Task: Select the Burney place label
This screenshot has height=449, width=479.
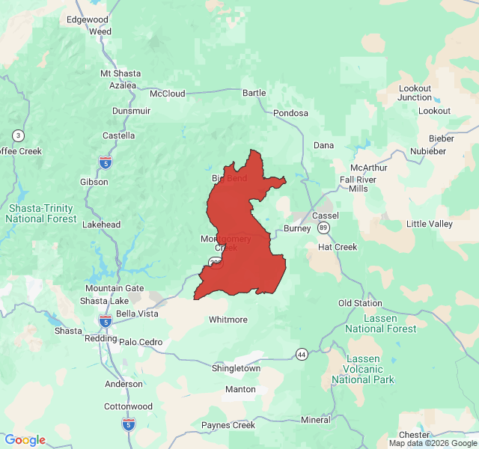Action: click(x=297, y=229)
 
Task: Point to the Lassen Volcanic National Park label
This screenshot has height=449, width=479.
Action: click(x=362, y=370)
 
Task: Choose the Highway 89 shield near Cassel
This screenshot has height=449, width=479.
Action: click(x=323, y=227)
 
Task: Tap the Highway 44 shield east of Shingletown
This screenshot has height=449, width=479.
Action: click(x=302, y=353)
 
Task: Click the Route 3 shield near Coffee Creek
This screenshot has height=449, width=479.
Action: click(x=18, y=135)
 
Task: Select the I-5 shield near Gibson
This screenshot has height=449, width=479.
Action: click(x=106, y=161)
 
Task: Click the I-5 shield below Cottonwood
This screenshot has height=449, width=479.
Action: click(x=129, y=424)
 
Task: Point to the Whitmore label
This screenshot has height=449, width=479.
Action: click(x=228, y=320)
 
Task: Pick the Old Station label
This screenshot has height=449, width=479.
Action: click(x=360, y=303)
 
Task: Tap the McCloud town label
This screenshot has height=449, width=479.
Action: click(x=167, y=94)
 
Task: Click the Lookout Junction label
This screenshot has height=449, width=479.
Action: click(x=415, y=93)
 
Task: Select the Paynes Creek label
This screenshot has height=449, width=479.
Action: click(x=228, y=425)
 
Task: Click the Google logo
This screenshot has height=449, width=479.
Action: click(x=25, y=440)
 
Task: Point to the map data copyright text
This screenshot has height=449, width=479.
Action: click(x=433, y=443)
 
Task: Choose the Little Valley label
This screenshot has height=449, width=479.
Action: click(x=429, y=224)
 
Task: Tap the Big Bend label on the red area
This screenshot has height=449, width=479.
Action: click(x=228, y=178)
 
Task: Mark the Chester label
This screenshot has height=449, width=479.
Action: click(x=414, y=435)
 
